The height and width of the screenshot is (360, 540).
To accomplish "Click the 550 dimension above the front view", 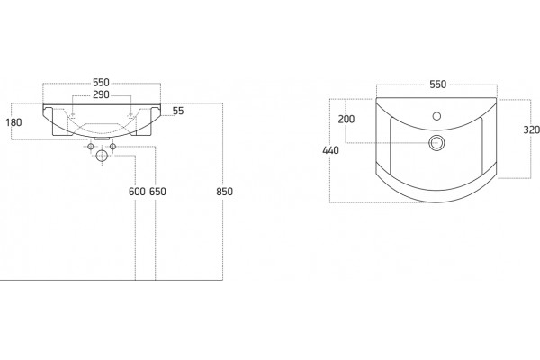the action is click(101, 83).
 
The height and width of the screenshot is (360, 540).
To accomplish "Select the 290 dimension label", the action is click(101, 94).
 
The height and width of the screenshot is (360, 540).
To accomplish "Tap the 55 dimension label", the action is click(178, 111).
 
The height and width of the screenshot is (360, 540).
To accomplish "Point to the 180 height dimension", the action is click(13, 122).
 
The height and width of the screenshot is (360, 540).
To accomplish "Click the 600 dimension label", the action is click(137, 192).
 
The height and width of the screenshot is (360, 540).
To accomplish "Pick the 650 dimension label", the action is click(157, 192).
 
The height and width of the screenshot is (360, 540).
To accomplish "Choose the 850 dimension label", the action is click(224, 192).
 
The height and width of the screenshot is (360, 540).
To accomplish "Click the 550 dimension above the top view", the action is click(437, 85).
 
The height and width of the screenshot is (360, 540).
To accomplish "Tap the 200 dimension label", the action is click(346, 119).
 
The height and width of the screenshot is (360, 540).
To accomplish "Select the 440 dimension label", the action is click(330, 150).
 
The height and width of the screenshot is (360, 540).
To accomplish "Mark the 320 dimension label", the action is click(531, 130).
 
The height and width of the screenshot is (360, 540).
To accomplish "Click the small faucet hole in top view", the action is click(436, 116).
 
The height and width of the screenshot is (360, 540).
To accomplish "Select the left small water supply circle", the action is click(91, 147).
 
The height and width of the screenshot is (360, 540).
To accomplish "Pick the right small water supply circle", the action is click(112, 147).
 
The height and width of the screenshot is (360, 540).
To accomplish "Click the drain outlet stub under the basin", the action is click(102, 139).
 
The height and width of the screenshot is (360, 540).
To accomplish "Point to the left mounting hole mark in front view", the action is click(73, 114).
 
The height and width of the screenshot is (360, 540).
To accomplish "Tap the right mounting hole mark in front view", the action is click(130, 114).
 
